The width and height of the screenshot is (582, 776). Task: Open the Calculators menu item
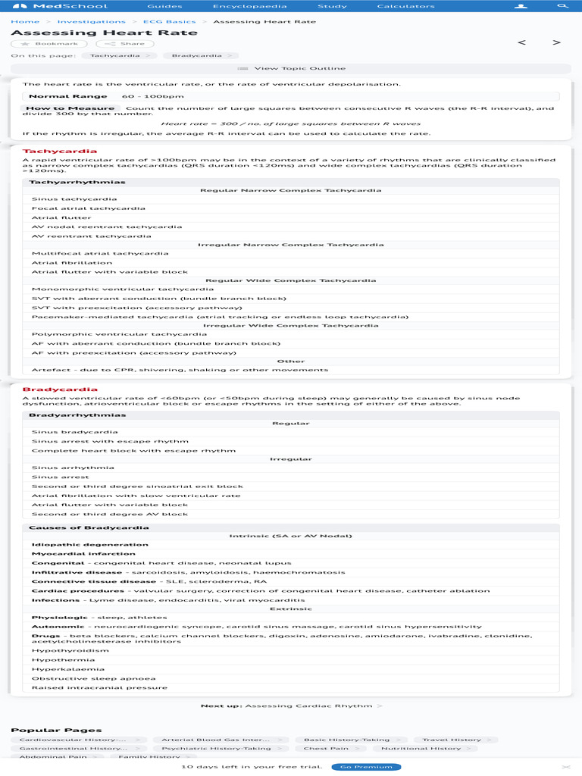click(405, 6)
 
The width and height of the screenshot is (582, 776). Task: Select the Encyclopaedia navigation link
click(239, 6)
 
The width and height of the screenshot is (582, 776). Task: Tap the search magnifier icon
click(562, 6)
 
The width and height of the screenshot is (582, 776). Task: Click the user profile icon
click(520, 6)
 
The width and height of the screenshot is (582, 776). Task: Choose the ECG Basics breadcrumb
click(169, 22)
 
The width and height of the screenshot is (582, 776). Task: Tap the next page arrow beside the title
click(557, 42)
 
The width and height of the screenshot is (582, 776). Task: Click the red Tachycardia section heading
click(49, 151)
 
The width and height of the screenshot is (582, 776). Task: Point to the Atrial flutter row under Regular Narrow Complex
click(61, 217)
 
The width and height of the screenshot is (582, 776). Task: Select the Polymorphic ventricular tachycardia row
click(108, 334)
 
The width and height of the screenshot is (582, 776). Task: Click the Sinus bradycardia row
click(74, 432)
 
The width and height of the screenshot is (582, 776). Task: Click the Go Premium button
click(366, 767)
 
